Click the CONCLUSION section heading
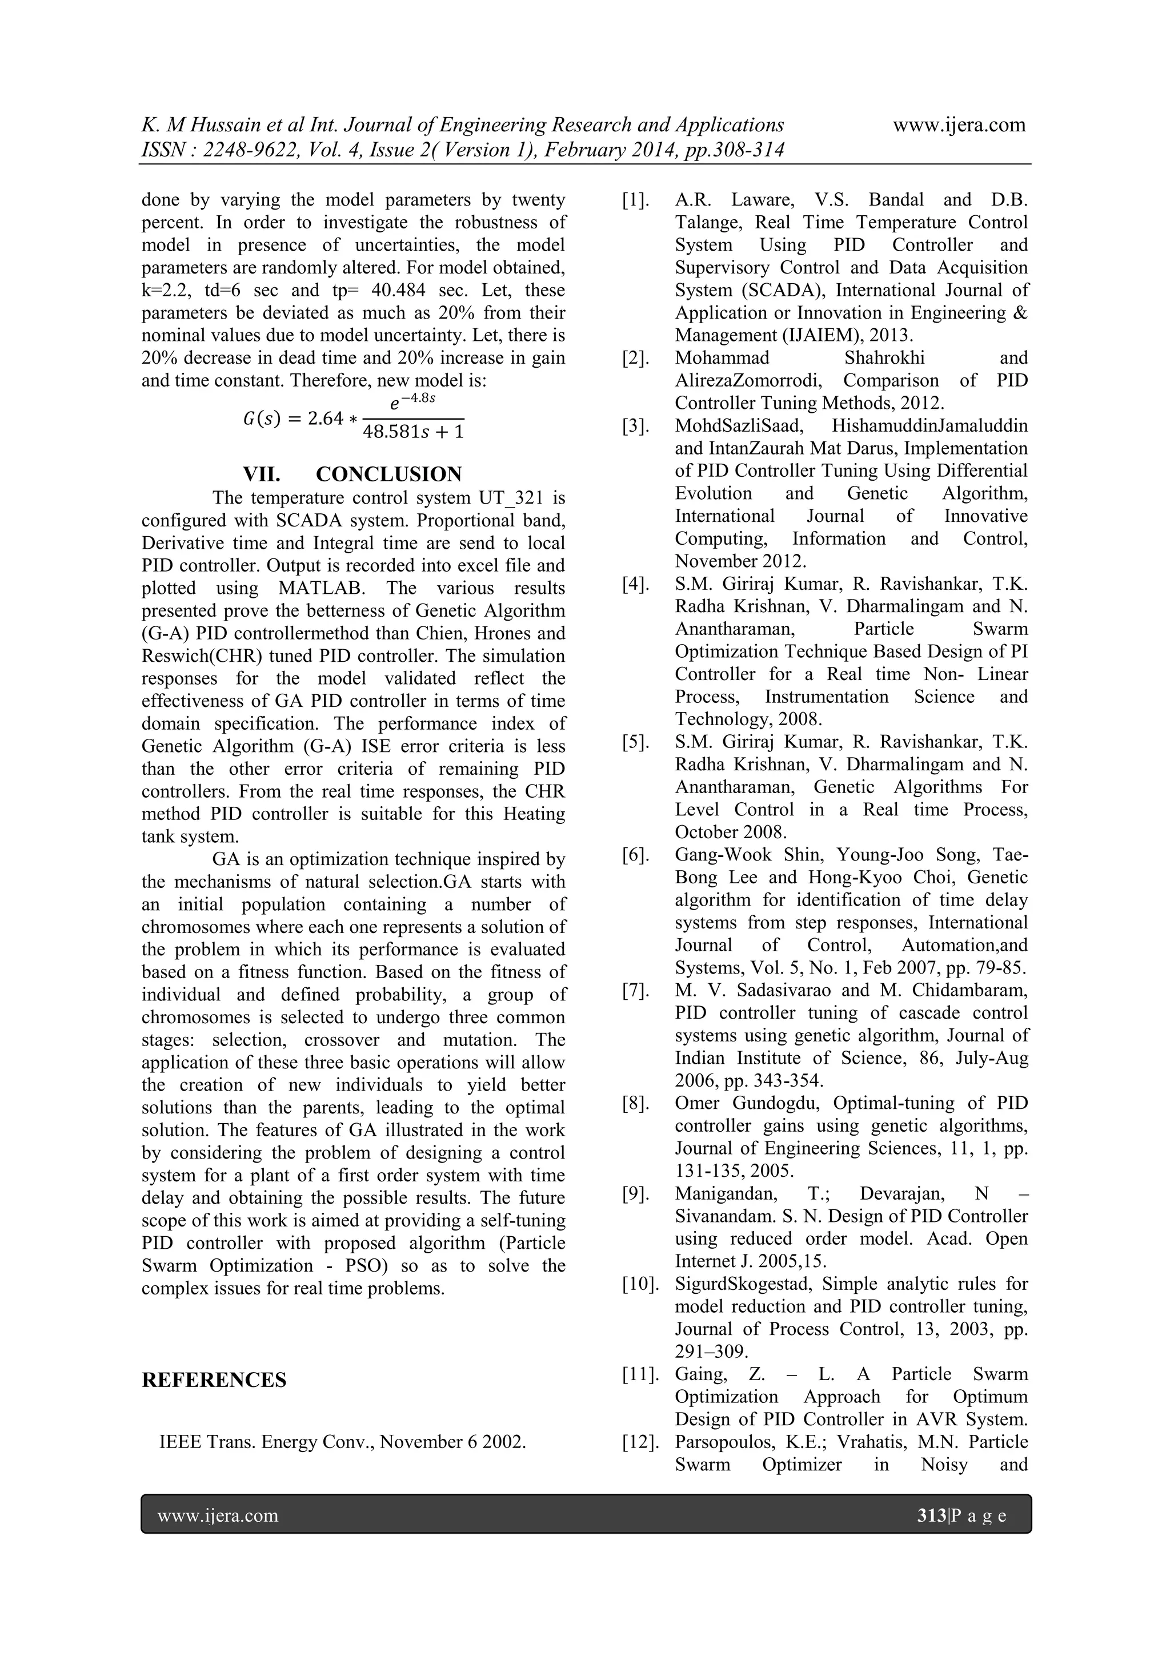pos(388,474)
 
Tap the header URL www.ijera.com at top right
pos(959,125)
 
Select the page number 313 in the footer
pos(932,1516)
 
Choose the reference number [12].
pos(640,1442)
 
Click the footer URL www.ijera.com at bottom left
pos(218,1516)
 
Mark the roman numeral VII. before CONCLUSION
pos(262,474)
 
